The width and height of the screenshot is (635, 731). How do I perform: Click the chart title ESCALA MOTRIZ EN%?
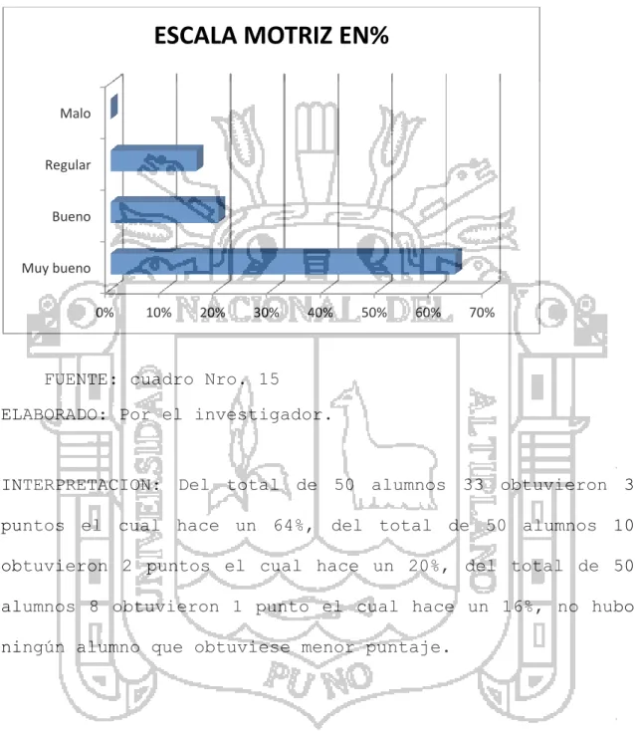point(271,36)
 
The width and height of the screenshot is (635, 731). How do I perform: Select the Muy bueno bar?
point(286,262)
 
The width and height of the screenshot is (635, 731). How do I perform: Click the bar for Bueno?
point(168,209)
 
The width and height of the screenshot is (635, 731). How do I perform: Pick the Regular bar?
point(156,158)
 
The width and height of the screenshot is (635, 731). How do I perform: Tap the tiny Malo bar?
point(114,106)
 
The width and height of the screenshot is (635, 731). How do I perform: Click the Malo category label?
point(75,114)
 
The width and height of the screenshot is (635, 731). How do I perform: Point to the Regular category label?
point(68,165)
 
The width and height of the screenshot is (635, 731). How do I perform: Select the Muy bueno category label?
point(56,268)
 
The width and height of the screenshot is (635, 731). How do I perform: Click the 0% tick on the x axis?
point(105,313)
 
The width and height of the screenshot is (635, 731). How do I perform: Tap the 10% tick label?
point(159,313)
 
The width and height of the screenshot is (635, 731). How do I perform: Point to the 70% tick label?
point(482,313)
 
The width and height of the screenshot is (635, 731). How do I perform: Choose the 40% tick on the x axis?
point(320,313)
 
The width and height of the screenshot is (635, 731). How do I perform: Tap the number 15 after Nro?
point(269,379)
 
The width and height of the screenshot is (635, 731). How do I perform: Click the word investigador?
point(263,415)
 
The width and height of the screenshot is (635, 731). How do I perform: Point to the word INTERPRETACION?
point(81,485)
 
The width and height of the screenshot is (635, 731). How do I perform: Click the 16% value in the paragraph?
point(523,607)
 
